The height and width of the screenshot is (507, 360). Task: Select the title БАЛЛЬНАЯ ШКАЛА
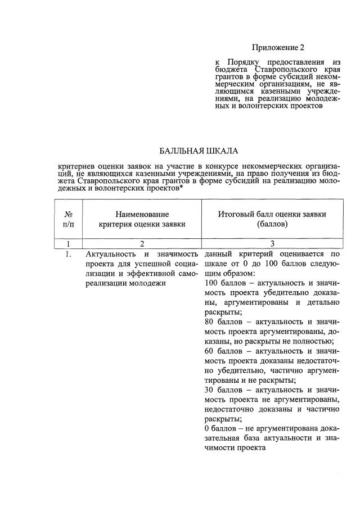point(199,151)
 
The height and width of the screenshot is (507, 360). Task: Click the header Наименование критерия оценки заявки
point(142,219)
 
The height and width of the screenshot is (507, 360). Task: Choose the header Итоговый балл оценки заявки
point(272,219)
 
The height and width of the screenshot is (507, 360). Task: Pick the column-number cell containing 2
point(142,244)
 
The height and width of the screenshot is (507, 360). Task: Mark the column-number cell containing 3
point(272,244)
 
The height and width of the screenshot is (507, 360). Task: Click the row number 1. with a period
point(67,255)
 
